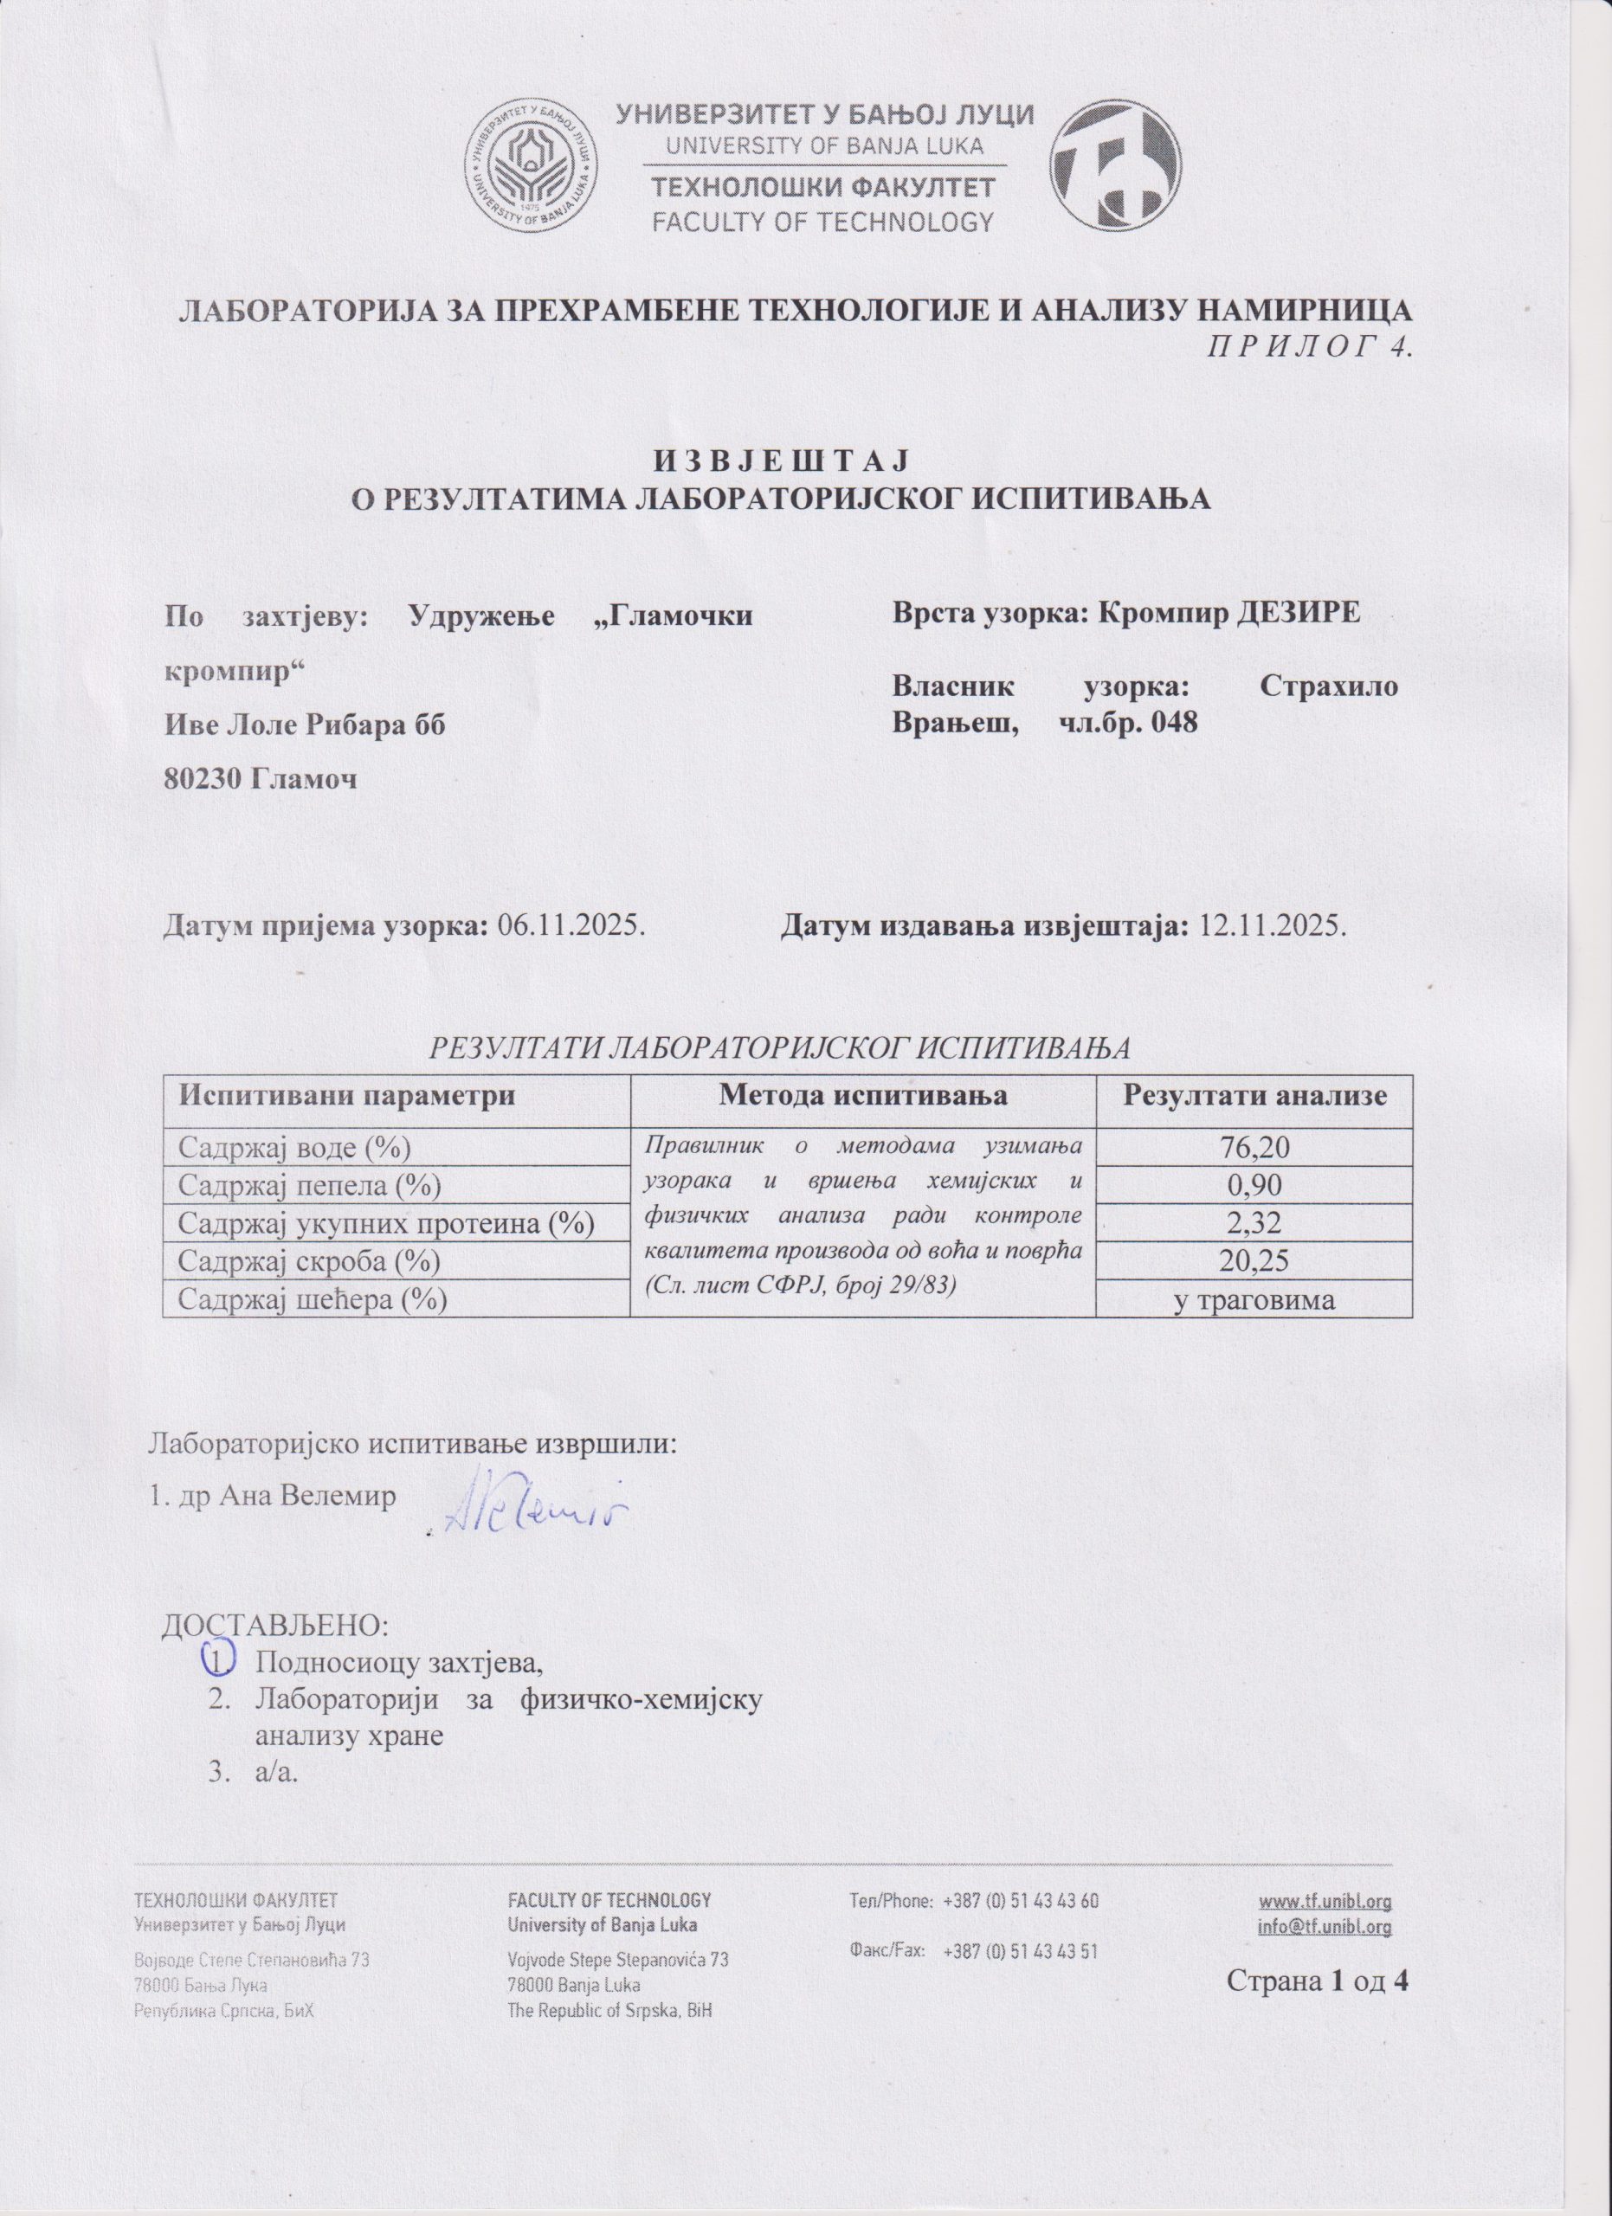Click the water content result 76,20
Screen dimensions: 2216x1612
pos(1254,1147)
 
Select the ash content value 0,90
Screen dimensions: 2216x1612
pos(1254,1185)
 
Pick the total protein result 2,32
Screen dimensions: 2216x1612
pos(1254,1223)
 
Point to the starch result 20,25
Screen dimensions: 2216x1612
pos(1254,1261)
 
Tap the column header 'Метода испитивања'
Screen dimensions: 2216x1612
pos(862,1094)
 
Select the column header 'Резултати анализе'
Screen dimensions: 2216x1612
pos(1255,1094)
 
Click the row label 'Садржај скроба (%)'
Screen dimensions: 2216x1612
pos(306,1261)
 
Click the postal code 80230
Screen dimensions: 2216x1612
pos(203,779)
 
